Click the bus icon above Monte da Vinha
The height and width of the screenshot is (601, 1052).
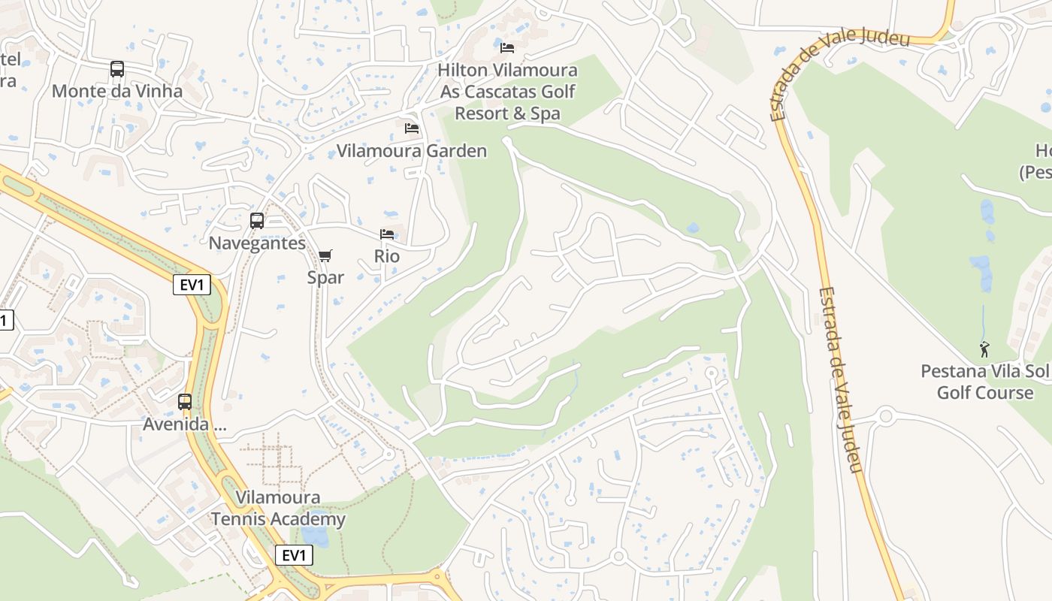click(x=117, y=69)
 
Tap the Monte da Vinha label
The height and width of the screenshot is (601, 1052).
click(x=117, y=91)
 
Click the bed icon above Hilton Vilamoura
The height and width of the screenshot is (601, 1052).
click(x=507, y=48)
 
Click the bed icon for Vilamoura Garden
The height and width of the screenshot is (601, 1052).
click(x=412, y=128)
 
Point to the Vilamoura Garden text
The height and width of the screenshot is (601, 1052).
click(x=412, y=151)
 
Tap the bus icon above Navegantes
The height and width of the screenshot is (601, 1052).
click(x=257, y=221)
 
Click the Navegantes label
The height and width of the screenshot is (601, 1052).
click(x=257, y=243)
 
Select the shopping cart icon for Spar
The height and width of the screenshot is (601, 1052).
click(x=325, y=256)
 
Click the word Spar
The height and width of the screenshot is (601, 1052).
click(x=325, y=277)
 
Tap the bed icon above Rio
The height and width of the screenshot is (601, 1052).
click(x=387, y=234)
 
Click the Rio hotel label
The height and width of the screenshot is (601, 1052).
click(x=387, y=256)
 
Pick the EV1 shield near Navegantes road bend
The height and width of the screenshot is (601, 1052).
click(x=192, y=285)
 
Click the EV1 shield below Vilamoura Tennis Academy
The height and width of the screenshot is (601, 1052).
click(x=294, y=555)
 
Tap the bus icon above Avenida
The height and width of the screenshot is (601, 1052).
click(x=185, y=402)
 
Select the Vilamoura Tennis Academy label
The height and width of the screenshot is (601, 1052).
click(x=278, y=508)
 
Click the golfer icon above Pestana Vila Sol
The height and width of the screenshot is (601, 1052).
click(x=984, y=349)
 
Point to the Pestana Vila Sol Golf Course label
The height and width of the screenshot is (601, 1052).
click(x=984, y=382)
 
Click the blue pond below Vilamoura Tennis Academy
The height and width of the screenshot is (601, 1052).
click(x=314, y=536)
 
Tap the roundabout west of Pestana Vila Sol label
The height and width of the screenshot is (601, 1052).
click(x=886, y=415)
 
